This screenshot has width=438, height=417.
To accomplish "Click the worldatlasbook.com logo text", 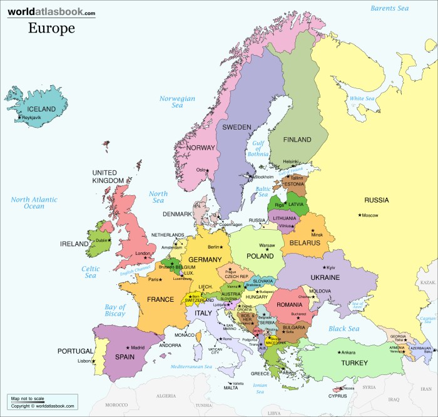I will point(52,13).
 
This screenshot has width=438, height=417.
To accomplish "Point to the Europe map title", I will point(51,28).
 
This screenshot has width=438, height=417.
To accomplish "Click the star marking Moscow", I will point(360,215).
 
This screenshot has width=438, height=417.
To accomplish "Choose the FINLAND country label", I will point(297,140).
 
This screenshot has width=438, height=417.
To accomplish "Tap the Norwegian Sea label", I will point(177,102).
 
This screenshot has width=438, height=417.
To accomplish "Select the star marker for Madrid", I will point(128,347).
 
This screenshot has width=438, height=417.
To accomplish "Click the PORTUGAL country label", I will point(75,351).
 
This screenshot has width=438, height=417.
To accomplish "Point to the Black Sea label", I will point(345,329).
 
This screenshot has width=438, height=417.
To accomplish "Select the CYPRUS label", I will point(338,396).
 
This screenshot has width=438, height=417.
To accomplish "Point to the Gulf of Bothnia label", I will point(258,150).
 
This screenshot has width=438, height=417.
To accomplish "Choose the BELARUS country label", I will point(305,242).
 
